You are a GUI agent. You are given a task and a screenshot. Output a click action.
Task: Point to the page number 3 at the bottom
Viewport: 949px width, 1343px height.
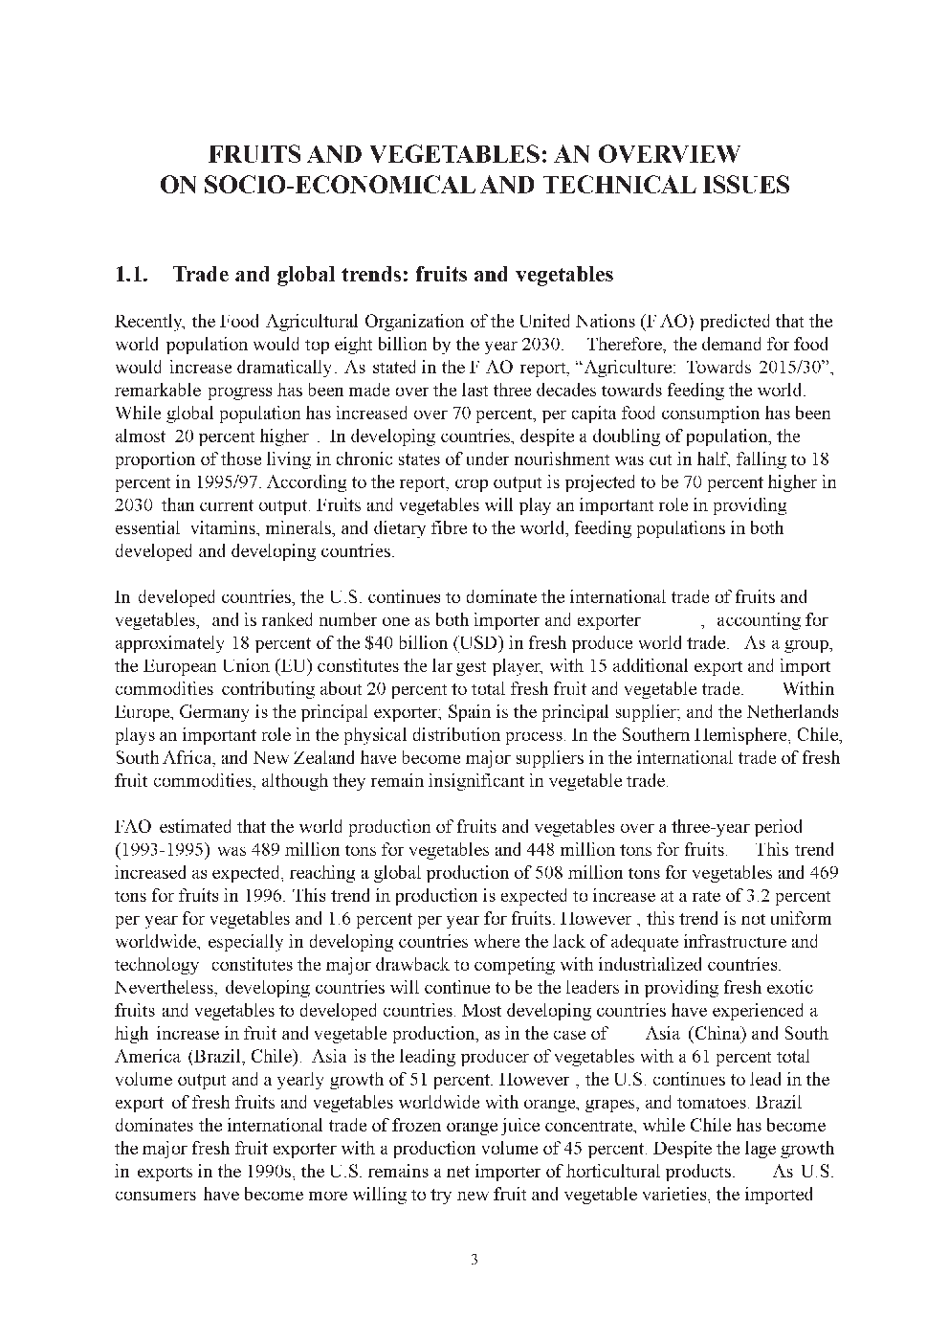(474, 1259)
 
